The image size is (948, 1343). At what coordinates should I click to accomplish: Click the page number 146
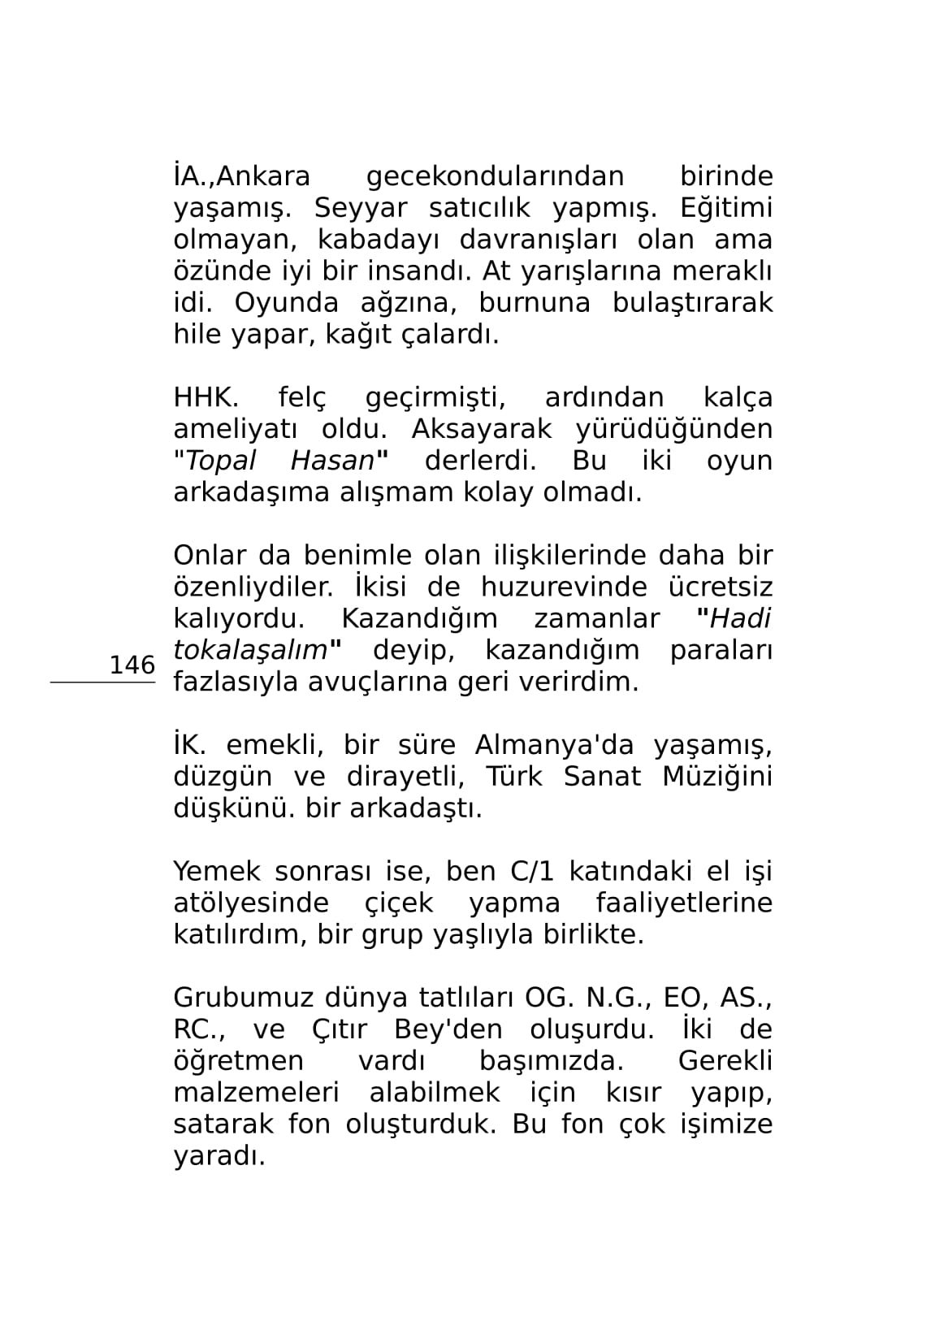(x=132, y=665)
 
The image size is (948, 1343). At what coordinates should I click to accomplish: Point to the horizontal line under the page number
(x=102, y=683)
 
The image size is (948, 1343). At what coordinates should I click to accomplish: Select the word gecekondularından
(x=495, y=177)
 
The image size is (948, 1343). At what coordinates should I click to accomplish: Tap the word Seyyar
(x=360, y=209)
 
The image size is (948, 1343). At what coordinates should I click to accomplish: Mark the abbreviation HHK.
(x=206, y=398)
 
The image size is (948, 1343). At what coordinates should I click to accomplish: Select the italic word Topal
(x=220, y=461)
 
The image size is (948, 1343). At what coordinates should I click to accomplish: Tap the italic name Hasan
(x=332, y=461)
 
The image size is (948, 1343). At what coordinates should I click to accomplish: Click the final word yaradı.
(x=219, y=1157)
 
